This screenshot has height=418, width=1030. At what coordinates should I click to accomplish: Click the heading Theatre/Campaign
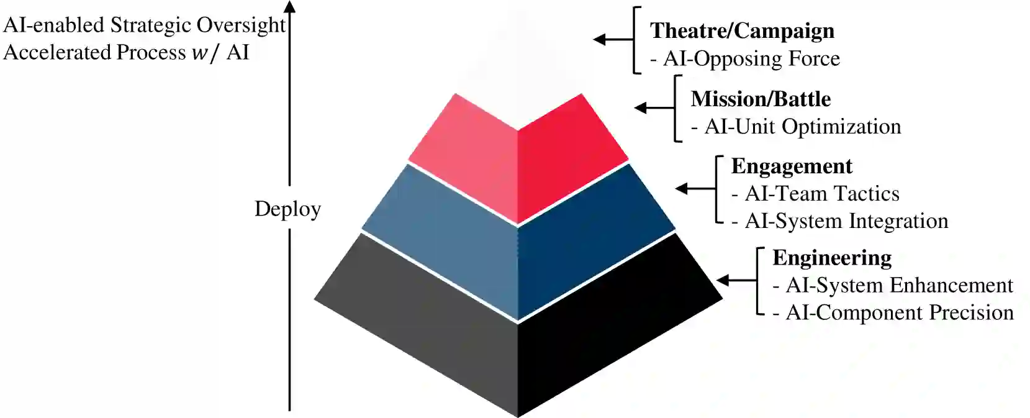[742, 31]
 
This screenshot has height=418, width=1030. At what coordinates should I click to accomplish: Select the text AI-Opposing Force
[751, 59]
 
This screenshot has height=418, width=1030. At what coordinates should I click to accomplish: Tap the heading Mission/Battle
[761, 99]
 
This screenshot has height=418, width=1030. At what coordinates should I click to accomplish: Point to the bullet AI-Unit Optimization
[802, 127]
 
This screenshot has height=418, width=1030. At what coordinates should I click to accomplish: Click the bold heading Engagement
[792, 166]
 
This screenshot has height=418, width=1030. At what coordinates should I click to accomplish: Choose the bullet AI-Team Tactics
[821, 194]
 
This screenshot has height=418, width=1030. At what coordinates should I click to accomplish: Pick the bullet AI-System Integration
[846, 221]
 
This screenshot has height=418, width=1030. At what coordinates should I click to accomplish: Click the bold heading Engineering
[832, 258]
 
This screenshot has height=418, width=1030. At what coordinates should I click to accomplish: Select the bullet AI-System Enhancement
[899, 285]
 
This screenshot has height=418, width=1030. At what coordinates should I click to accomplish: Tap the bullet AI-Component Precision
[899, 312]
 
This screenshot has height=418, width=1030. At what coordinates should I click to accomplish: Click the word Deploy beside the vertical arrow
[287, 209]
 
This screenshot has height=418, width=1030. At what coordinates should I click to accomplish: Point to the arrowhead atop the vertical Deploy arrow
[289, 6]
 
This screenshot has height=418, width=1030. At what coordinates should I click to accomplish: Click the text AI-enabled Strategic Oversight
[144, 25]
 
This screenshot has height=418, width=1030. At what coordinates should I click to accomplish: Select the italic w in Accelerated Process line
[199, 53]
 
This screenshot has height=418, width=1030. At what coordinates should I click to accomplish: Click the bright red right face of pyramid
[565, 161]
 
